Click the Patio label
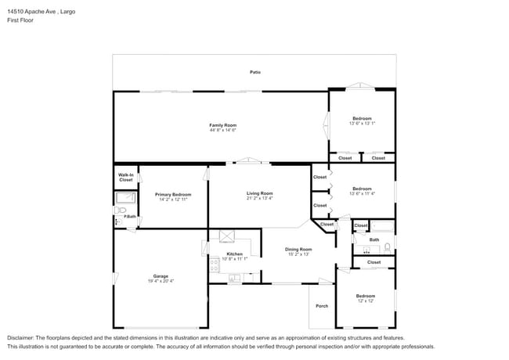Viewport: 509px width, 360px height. [x=255, y=72]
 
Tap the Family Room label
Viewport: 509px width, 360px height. [x=222, y=125]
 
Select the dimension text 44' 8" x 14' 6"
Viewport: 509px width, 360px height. [x=222, y=130]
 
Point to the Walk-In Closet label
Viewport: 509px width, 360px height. [x=125, y=177]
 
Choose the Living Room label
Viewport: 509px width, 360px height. [x=259, y=193]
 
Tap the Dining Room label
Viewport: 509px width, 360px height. [x=299, y=250]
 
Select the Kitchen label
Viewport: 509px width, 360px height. [x=235, y=254]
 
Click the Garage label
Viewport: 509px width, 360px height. [x=161, y=276]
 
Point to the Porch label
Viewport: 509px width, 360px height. [x=322, y=305]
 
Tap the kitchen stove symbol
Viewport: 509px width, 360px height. [x=215, y=265]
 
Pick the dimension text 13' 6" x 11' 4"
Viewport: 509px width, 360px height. [x=362, y=193]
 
